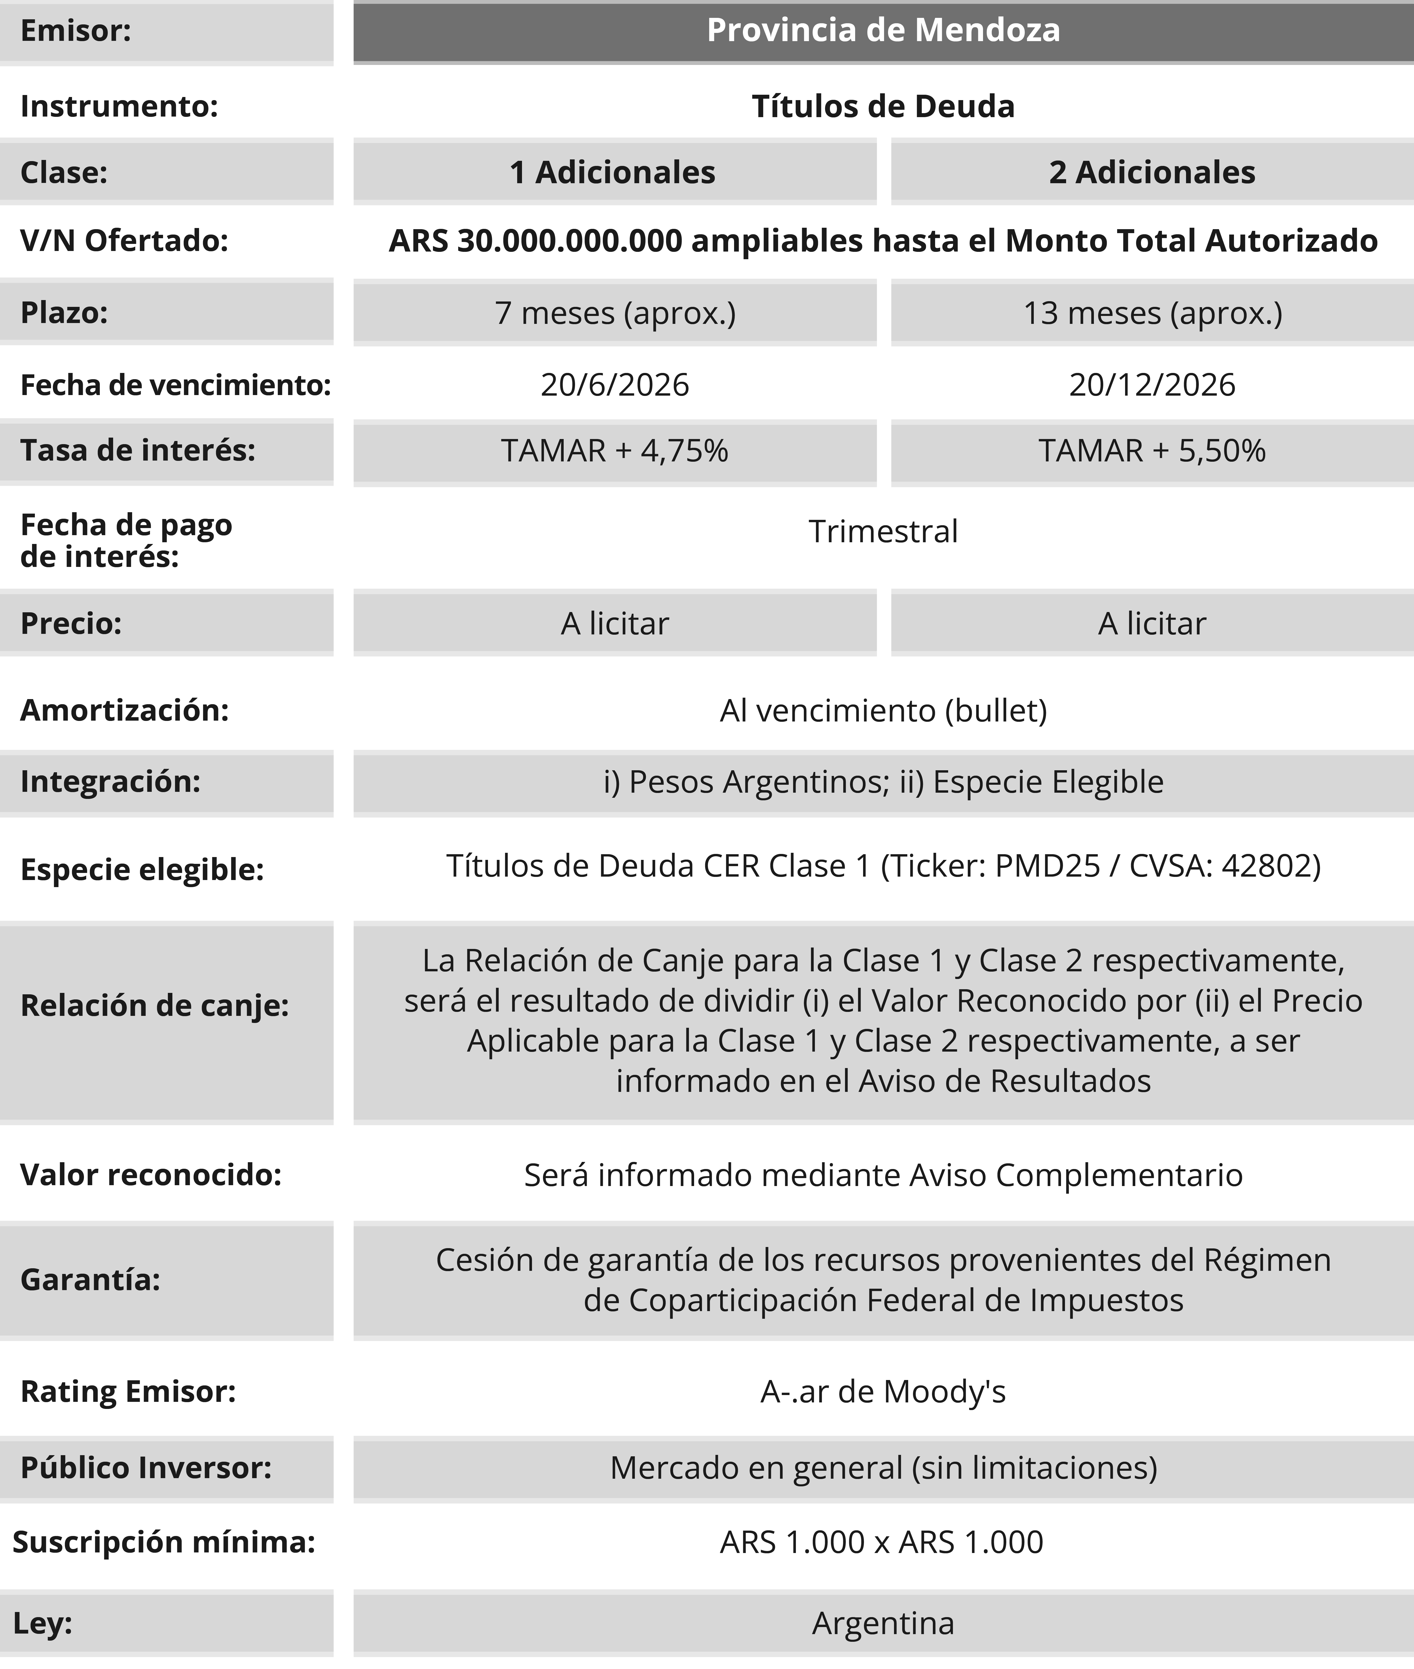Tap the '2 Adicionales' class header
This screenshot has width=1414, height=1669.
coord(1152,172)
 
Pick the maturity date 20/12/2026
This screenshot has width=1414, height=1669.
coord(1152,385)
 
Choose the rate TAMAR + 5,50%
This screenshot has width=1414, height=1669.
coord(1152,451)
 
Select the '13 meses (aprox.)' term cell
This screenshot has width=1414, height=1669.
coord(1152,313)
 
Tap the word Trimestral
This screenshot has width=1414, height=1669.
coord(883,531)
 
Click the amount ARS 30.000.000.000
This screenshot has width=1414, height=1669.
coord(536,240)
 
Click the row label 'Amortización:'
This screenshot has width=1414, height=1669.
coord(124,710)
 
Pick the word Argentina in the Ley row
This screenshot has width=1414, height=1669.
coord(883,1623)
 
